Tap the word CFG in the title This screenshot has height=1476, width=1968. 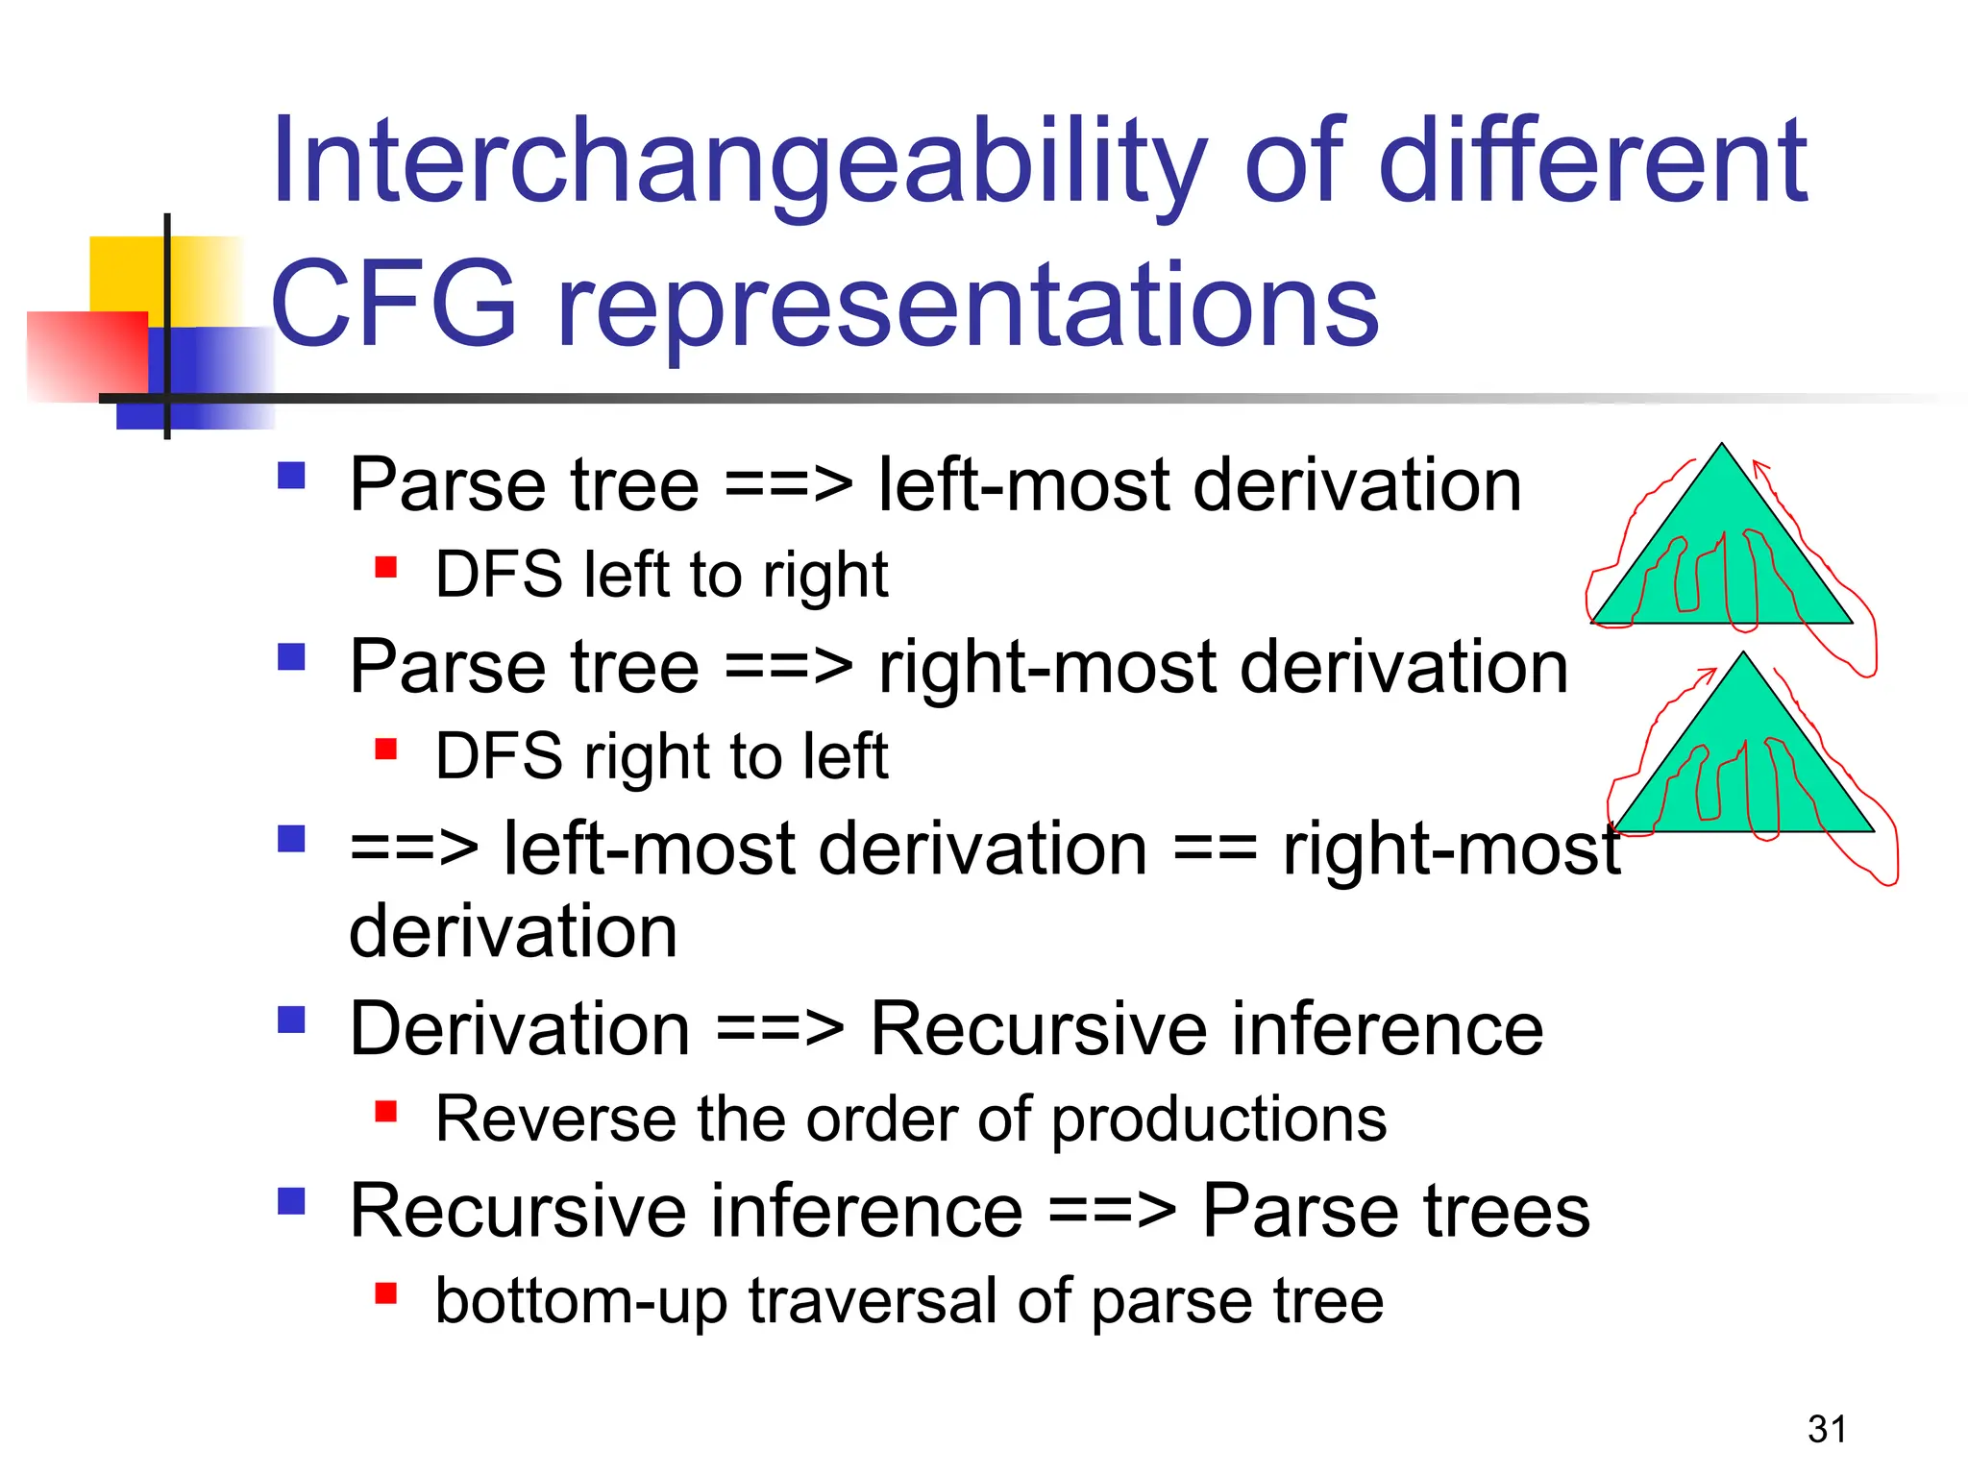pos(394,306)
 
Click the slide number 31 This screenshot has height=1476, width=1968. pos(1827,1429)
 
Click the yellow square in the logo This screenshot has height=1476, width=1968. pos(127,274)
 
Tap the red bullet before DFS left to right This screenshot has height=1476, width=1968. pos(386,568)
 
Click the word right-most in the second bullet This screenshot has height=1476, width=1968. pos(1048,667)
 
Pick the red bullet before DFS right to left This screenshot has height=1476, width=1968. pos(386,750)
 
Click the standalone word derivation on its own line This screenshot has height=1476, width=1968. pos(513,931)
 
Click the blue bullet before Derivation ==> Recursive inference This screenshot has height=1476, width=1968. pos(291,1020)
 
